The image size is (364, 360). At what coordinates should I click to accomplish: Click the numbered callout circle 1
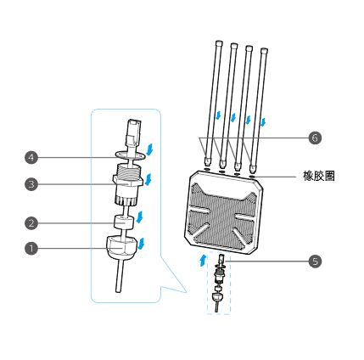coord(31,248)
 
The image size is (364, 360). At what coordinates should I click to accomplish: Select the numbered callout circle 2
coord(31,223)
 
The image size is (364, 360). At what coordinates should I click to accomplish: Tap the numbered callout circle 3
coord(31,184)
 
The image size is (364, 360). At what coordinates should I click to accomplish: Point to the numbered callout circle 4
coord(31,157)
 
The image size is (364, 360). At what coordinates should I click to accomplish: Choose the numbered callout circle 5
coord(315,261)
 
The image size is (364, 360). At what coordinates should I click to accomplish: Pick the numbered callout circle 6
coord(315,138)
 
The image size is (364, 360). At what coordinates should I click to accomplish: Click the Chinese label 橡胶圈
coord(319,176)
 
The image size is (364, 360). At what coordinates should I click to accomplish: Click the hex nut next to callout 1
coord(121,247)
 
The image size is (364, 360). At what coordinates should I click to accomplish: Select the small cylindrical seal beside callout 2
coord(124,222)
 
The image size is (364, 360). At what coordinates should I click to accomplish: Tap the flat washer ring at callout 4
coord(130,155)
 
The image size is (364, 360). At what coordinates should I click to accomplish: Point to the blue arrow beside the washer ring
coord(149,149)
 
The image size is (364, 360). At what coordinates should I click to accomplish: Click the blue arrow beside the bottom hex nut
coord(141,243)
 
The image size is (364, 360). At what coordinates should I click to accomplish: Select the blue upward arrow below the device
coord(203,260)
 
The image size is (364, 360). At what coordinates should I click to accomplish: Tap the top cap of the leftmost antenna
coord(219,43)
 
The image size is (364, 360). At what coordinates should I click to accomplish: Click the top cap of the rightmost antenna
coord(264,50)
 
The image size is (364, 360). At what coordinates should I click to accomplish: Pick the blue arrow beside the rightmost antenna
coord(263,122)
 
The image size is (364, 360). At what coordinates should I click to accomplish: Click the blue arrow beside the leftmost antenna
coord(218,115)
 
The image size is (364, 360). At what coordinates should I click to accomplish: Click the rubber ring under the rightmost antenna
coord(253,177)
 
